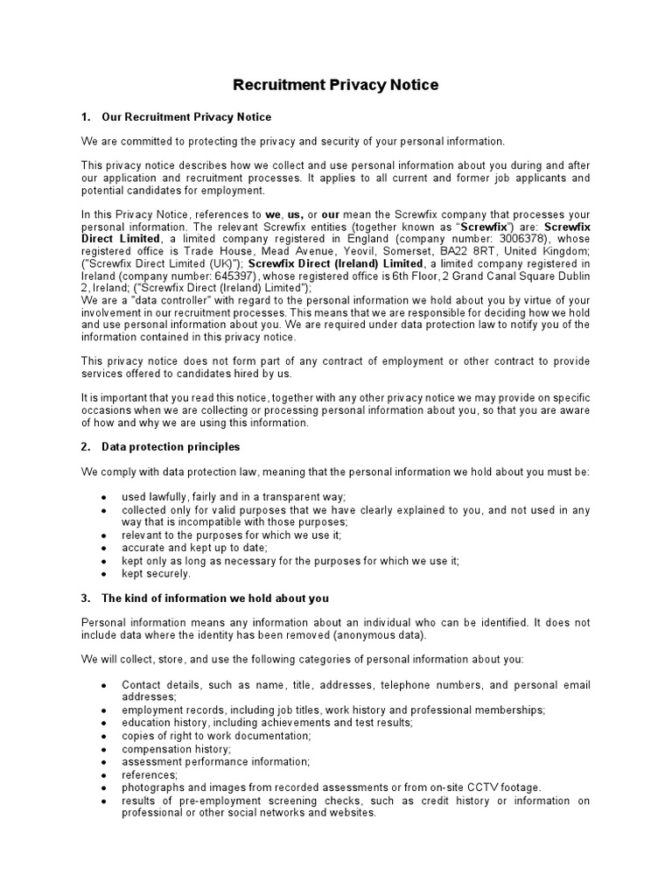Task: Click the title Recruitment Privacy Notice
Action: [x=335, y=85]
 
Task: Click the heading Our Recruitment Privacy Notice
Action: [x=186, y=116]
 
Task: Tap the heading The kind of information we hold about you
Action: [x=215, y=598]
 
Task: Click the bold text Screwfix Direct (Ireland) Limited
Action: [x=335, y=263]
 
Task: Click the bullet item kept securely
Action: [x=156, y=574]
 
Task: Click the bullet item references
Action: [x=150, y=774]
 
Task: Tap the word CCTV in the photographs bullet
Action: [x=473, y=787]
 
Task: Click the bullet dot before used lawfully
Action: [x=104, y=497]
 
